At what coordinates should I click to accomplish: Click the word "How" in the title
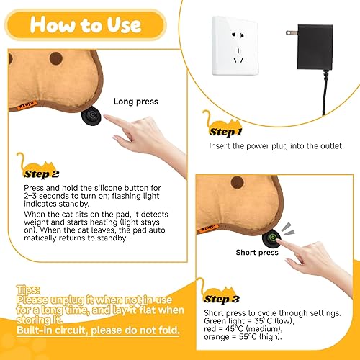coord(53,25)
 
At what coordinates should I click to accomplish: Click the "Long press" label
coord(135,102)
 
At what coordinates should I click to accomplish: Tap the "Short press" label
coord(257,253)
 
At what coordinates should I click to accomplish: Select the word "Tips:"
coord(29,287)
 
